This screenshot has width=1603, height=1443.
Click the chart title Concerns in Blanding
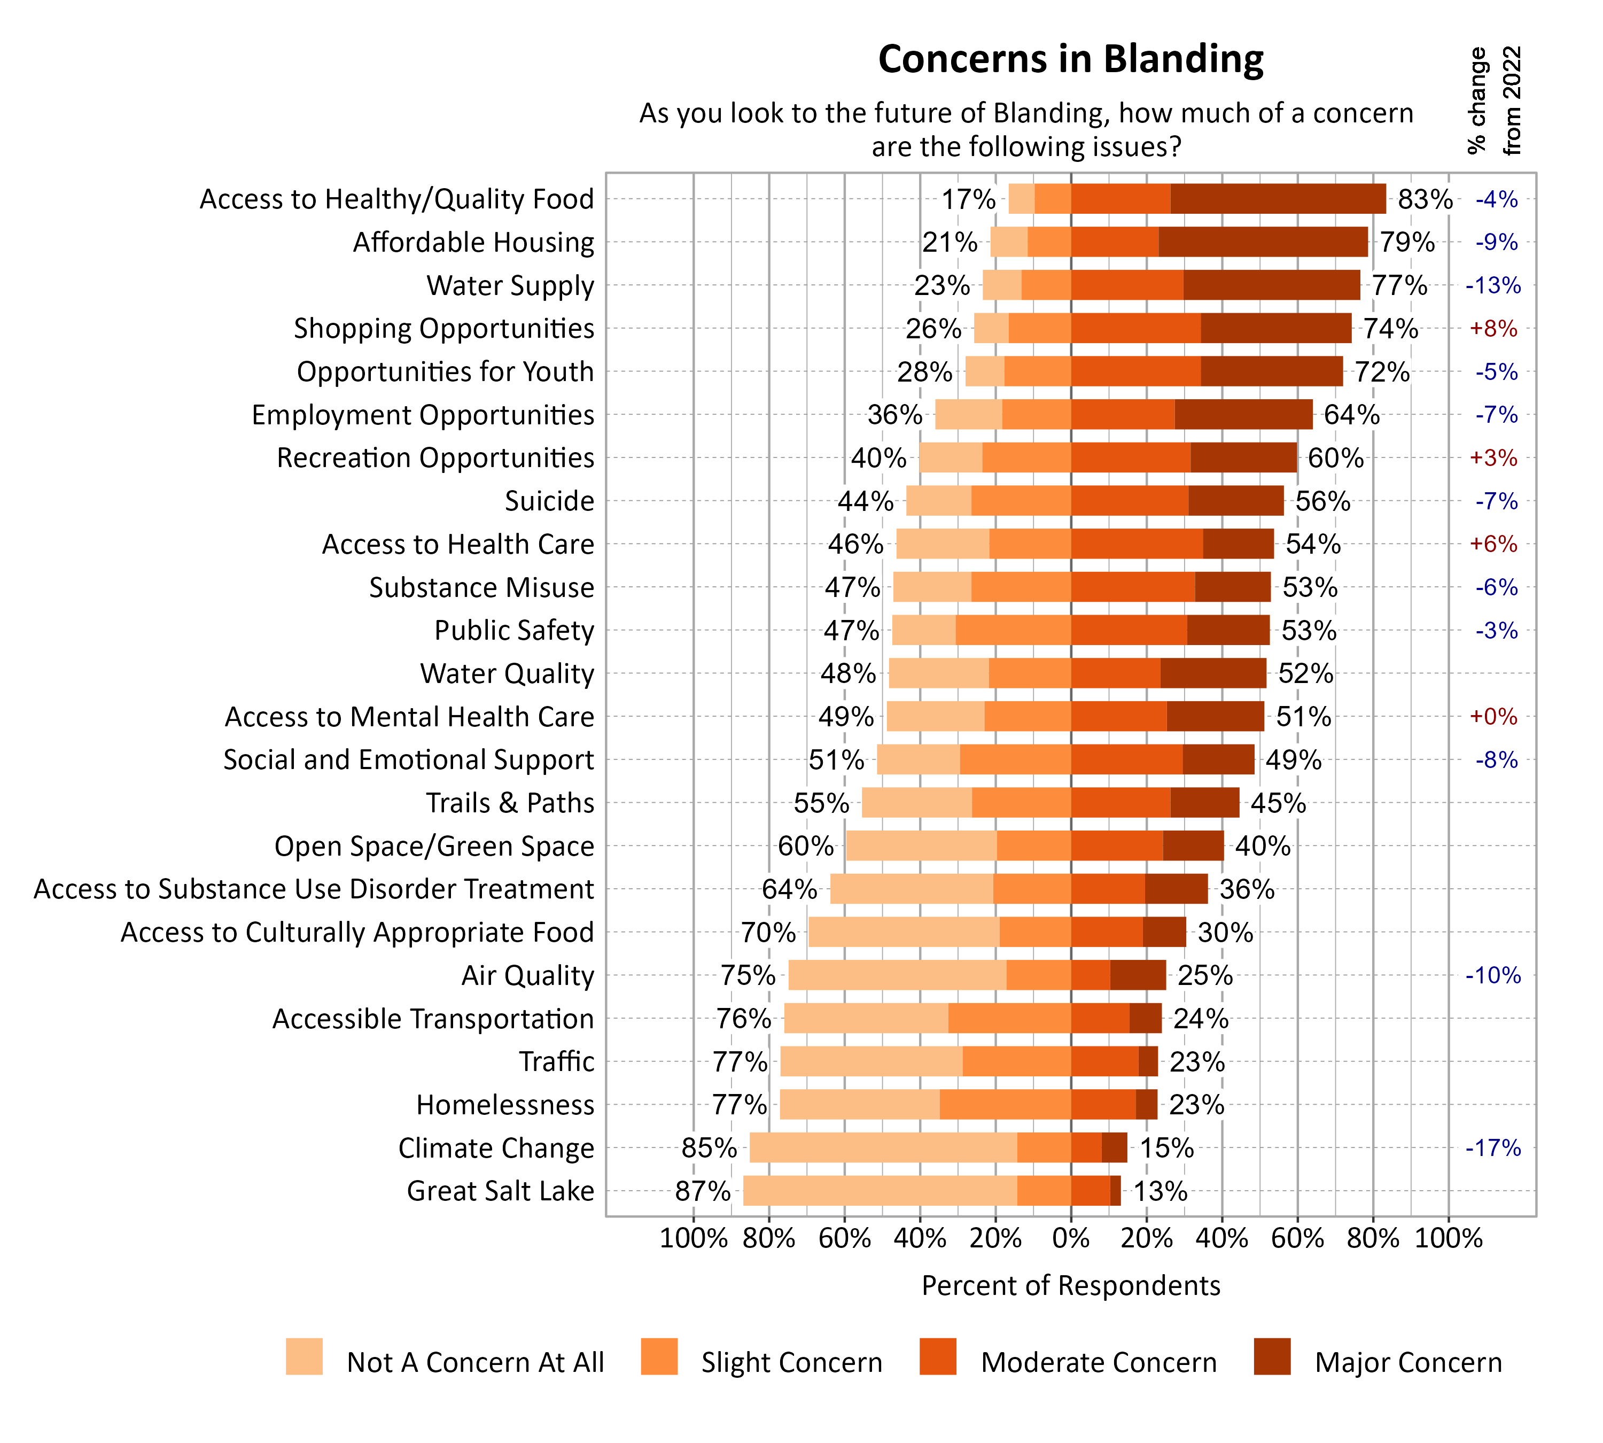1070,59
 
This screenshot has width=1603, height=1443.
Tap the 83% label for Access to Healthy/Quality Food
1425,199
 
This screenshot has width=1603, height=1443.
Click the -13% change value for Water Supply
1493,285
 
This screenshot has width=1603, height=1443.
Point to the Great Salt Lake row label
500,1191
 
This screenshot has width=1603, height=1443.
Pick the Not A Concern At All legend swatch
304,1356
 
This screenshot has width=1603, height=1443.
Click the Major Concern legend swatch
1272,1356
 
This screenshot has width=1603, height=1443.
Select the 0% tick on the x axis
1070,1238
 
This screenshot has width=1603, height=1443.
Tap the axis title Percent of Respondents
1070,1286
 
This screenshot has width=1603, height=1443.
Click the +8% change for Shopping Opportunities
1493,328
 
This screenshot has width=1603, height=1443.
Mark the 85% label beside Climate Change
709,1148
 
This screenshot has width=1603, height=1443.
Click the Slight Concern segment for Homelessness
1005,1105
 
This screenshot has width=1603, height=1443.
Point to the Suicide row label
549,501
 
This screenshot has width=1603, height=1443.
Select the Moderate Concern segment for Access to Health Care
1136,544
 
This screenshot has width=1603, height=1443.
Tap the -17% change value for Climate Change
1493,1148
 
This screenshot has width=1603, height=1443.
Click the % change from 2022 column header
1493,102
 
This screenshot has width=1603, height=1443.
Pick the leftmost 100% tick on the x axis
693,1238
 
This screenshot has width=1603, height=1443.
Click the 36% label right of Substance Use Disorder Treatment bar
1246,889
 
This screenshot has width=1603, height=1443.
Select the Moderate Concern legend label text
1098,1362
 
